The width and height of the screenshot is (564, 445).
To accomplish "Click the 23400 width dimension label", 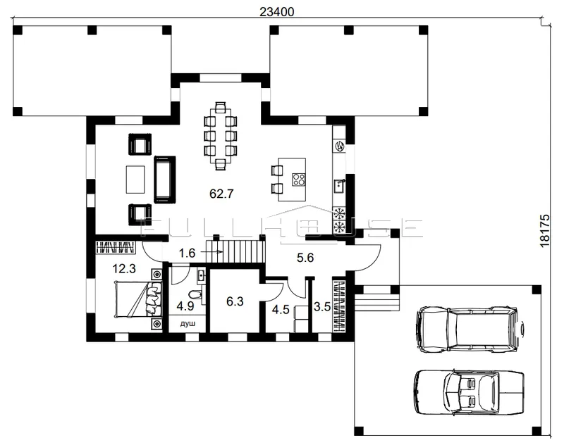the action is [276, 12].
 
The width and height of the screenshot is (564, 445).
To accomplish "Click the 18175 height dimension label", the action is [545, 230].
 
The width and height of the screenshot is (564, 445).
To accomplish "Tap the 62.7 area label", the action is [221, 194].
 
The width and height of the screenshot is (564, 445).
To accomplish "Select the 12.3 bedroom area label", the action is [124, 268].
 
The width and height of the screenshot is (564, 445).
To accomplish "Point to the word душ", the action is [188, 324].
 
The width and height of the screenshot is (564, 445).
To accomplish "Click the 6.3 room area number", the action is [235, 301].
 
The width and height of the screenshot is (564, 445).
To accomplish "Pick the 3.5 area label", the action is [322, 307].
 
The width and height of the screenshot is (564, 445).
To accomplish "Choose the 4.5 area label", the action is [281, 309].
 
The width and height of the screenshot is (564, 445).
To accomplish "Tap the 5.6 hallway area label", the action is [305, 258].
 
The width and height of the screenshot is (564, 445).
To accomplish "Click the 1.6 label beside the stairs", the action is [187, 253].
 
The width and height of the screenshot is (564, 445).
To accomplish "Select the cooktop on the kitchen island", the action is [298, 180].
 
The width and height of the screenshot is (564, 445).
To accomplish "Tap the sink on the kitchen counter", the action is [340, 186].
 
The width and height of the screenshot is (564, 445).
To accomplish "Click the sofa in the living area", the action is [165, 180].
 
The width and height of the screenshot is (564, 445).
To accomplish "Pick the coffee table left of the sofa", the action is [135, 180].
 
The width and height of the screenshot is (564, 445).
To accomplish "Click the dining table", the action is [221, 136].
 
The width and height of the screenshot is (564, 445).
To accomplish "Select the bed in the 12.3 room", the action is [138, 299].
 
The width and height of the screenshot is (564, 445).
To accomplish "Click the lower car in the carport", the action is [469, 392].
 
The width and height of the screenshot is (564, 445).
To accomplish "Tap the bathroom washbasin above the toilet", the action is [201, 276].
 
